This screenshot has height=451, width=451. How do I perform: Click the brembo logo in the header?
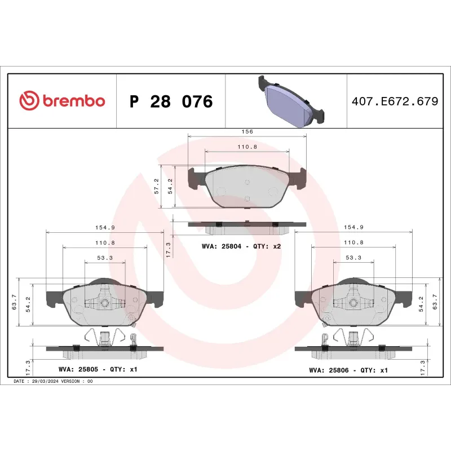pyautogui.click(x=63, y=101)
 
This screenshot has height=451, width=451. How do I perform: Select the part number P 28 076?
pyautogui.click(x=171, y=102)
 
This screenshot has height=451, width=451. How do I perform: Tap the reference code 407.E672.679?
pyautogui.click(x=394, y=102)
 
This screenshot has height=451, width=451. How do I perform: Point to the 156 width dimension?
pyautogui.click(x=247, y=131)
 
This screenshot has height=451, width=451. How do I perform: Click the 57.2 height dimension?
pyautogui.click(x=156, y=187)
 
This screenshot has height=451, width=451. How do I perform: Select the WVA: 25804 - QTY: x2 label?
pyautogui.click(x=241, y=247)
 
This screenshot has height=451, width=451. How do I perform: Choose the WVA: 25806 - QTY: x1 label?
pyautogui.click(x=348, y=370)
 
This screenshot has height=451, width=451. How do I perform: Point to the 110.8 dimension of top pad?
pyautogui.click(x=247, y=147)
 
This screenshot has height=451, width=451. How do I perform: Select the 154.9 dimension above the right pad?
pyautogui.click(x=354, y=227)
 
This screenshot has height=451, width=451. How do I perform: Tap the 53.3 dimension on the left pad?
pyautogui.click(x=105, y=258)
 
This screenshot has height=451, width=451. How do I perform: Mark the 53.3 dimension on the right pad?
pyautogui.click(x=354, y=258)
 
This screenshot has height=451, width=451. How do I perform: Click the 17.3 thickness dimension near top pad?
pyautogui.click(x=169, y=247)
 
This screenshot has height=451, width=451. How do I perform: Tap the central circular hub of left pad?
pyautogui.click(x=104, y=303)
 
